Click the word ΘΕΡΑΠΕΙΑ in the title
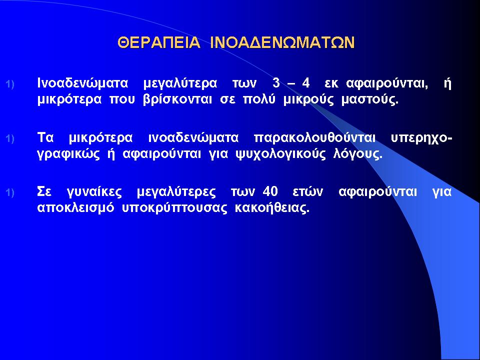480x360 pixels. coord(159,42)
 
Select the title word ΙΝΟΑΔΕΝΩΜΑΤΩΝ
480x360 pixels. coord(283,42)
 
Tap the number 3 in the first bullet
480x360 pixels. coord(276,83)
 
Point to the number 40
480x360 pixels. coord(270,191)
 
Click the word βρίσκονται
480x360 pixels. coord(177,100)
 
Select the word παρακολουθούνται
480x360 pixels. coord(314,138)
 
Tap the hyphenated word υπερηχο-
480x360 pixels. coord(421,138)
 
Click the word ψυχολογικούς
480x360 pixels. coord(280,154)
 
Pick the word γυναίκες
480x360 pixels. coord(94,192)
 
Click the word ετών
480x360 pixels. coord(307,191)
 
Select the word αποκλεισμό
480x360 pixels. coord(75,208)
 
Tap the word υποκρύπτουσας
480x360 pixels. coord(174,208)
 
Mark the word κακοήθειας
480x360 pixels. coord(272,208)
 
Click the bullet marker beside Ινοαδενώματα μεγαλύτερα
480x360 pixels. coord(10,84)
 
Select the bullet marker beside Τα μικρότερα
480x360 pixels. coord(10,138)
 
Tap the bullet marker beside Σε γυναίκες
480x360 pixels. coord(10,193)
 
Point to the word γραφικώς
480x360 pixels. coord(68,154)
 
